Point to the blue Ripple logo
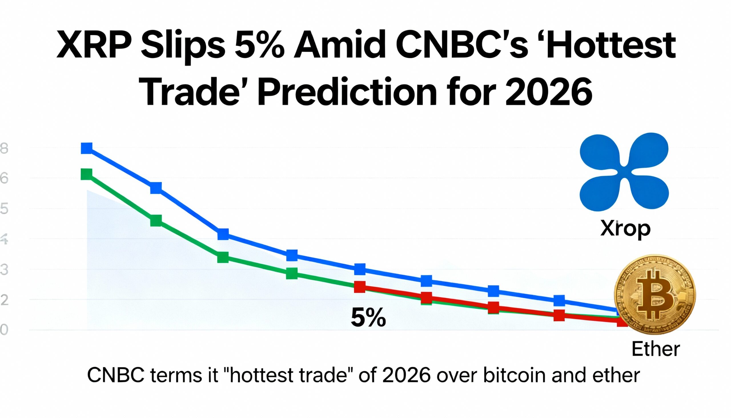coord(624,172)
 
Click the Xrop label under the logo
coord(625,229)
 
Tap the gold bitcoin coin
coord(655,294)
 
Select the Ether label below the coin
coord(656,349)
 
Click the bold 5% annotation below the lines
coord(368,318)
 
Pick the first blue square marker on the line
coord(87,148)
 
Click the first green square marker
coord(86,174)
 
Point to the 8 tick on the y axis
coord(4,149)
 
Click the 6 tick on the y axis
coord(4,179)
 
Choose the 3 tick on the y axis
coord(4,270)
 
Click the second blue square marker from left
coord(156,188)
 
